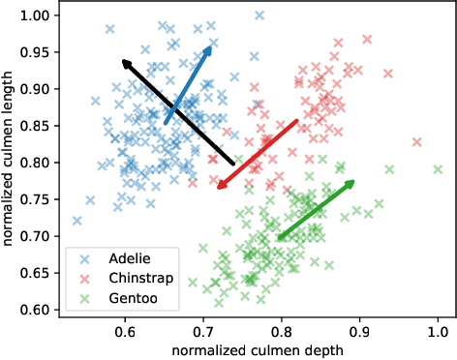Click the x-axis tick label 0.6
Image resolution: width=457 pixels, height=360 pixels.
(125, 332)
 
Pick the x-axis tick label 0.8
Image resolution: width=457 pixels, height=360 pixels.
(281, 332)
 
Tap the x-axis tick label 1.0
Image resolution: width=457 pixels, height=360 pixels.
(437, 332)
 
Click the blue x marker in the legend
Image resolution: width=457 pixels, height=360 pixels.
(86, 259)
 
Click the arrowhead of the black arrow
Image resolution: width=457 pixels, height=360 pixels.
(125, 63)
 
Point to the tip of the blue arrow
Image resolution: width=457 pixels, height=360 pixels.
(210, 46)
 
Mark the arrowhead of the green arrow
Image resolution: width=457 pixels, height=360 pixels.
(351, 183)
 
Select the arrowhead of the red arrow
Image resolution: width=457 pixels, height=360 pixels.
(221, 186)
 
